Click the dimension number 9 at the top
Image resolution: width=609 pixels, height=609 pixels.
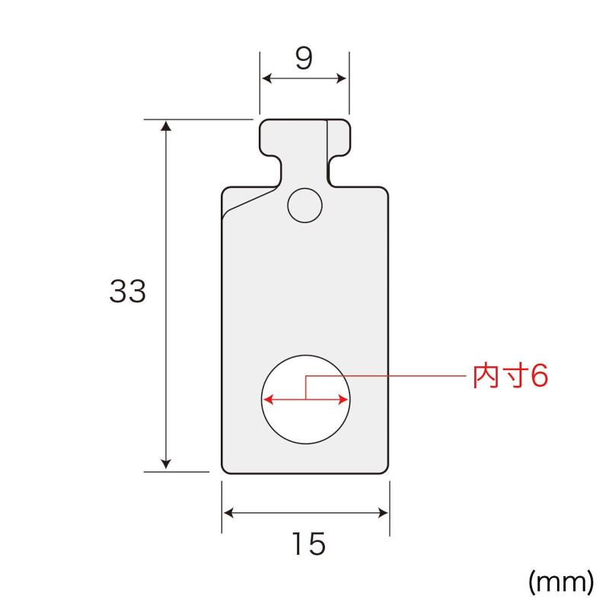click(x=304, y=59)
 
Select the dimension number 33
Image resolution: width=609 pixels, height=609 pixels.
click(x=128, y=291)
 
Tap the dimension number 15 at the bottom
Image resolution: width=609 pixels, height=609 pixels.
click(x=309, y=544)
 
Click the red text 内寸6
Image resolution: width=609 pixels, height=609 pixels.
click(x=510, y=376)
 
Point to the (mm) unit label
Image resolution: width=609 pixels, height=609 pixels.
click(x=561, y=582)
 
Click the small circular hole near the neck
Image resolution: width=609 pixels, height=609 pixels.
click(x=305, y=206)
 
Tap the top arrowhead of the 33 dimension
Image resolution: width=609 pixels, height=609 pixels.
click(x=166, y=126)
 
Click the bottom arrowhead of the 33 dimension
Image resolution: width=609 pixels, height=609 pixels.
click(x=166, y=464)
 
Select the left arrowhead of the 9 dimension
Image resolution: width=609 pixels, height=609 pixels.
click(x=267, y=78)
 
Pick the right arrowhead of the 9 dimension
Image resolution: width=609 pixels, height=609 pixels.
click(x=341, y=78)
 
